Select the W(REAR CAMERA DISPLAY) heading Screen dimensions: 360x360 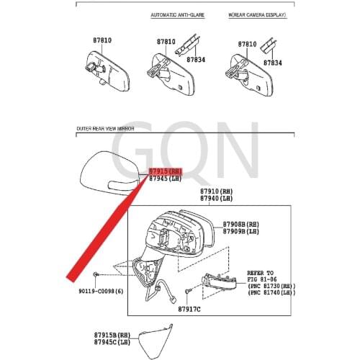pyautogui.click(x=256, y=15)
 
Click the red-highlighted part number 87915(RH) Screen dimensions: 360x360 pyautogui.click(x=166, y=171)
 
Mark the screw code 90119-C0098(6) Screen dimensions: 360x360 pyautogui.click(x=100, y=291)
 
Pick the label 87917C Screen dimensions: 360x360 pyautogui.click(x=191, y=309)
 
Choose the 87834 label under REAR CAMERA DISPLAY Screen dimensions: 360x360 pyautogui.click(x=272, y=63)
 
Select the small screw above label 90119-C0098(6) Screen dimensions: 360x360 pyautogui.click(x=96, y=276)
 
